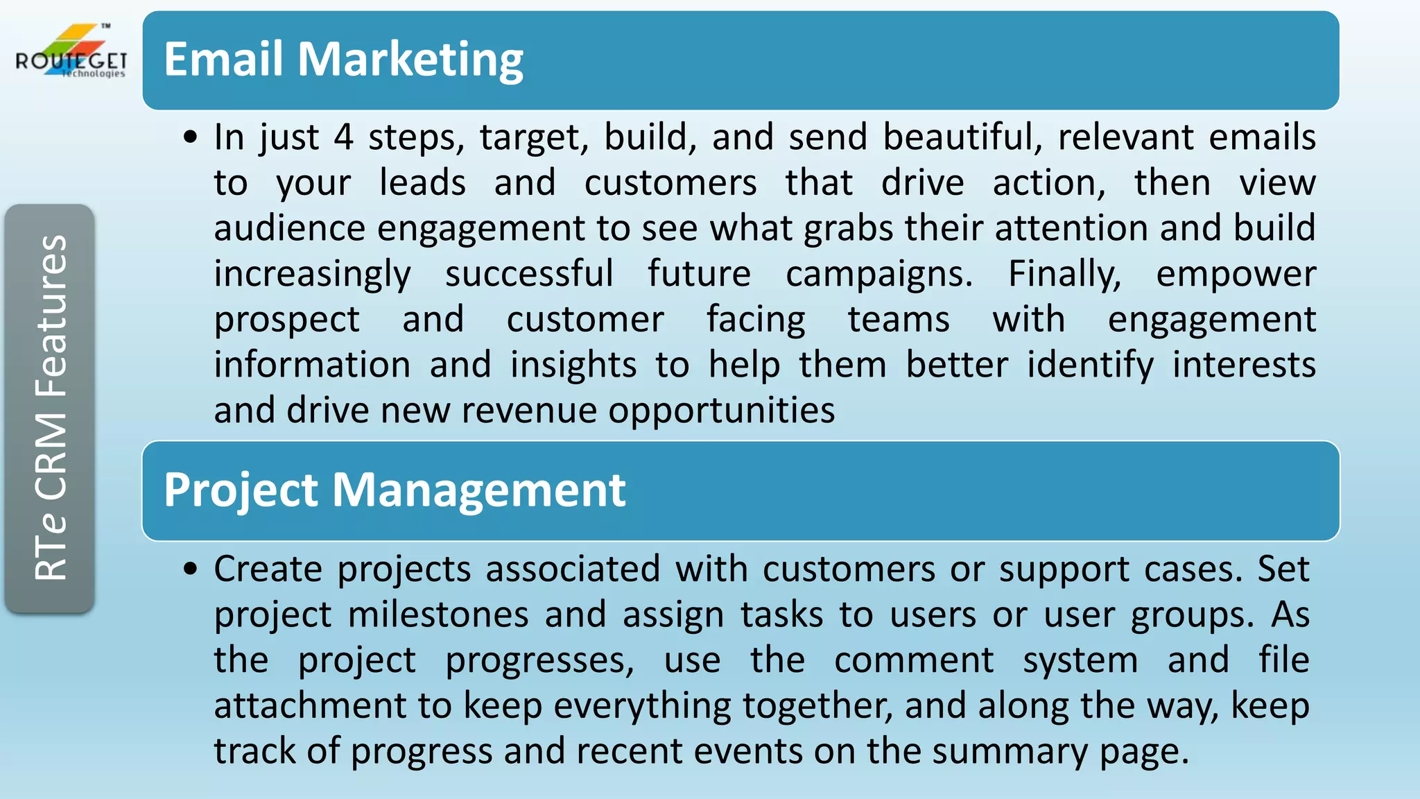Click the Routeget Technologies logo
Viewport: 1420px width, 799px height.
coord(71,53)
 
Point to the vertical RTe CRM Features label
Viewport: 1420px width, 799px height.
coord(50,408)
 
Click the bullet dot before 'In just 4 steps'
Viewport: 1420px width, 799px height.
coord(191,137)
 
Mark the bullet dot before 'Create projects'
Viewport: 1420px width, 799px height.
coord(191,569)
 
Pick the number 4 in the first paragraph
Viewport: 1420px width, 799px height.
coord(343,137)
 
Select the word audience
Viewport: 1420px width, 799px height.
coord(289,228)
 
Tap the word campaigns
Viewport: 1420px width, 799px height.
coord(878,275)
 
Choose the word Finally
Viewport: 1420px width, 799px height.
coord(1064,275)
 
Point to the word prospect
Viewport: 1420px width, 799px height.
coord(286,320)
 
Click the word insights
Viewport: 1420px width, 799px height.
coord(573,366)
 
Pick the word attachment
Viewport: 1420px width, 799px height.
coord(309,706)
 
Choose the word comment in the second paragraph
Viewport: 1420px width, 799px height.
coord(914,660)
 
